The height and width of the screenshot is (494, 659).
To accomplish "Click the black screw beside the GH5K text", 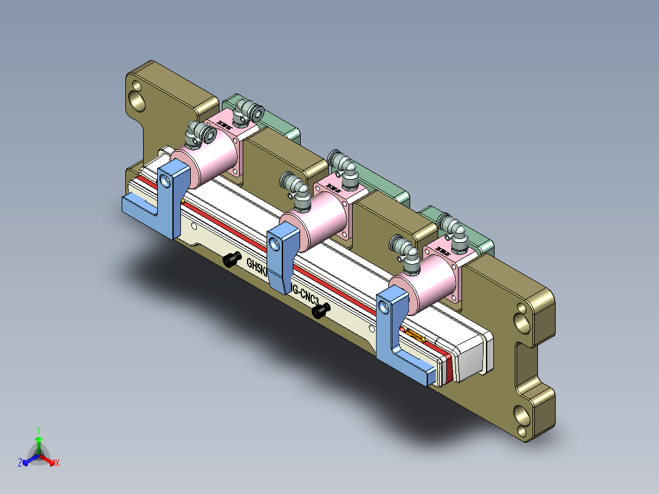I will pos(230,260).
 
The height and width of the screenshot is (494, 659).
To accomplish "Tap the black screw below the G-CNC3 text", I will pos(320,311).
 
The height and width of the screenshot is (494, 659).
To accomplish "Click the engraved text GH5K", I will pos(256,267).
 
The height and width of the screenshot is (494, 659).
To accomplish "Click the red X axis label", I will pos(57,463).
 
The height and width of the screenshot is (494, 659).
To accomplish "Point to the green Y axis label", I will pos(38,430).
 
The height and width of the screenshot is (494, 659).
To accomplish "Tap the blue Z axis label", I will pos(20,463).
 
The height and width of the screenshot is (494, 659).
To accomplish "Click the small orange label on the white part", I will pos(416,335).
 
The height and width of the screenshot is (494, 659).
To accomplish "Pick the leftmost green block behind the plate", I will pos(269,122).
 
